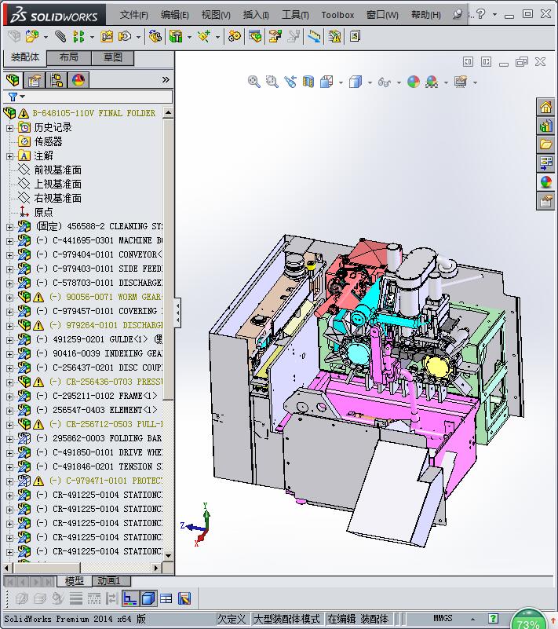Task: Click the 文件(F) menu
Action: [133, 14]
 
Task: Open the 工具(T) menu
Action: [295, 14]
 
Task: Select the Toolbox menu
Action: [337, 14]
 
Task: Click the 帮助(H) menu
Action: [425, 14]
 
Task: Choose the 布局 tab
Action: [68, 57]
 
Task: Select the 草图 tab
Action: [113, 57]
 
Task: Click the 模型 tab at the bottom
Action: [75, 581]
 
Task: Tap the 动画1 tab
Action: [108, 581]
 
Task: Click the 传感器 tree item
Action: [48, 141]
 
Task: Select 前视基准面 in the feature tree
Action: [57, 170]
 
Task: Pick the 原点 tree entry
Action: [43, 212]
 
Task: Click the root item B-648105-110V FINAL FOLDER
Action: [93, 113]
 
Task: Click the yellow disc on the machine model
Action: [436, 365]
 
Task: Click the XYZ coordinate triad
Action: [198, 525]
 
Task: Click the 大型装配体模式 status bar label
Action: [286, 619]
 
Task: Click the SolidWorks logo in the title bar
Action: [51, 14]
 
